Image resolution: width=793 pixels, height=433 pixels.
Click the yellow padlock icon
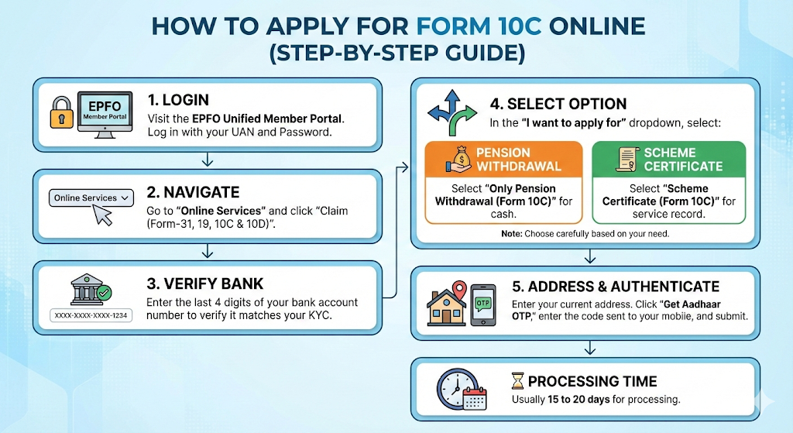(61, 114)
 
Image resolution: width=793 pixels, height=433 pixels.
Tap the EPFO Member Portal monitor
(103, 115)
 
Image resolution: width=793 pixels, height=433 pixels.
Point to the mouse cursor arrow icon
(103, 215)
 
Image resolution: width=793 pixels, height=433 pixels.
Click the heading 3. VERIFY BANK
(205, 283)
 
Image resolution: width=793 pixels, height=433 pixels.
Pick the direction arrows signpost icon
(454, 110)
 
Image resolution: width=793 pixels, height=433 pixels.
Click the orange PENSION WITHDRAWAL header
(503, 159)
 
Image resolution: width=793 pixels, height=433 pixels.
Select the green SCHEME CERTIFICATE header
(668, 159)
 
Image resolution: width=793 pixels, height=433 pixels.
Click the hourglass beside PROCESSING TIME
(517, 381)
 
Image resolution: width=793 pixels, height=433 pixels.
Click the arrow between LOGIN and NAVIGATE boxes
(207, 160)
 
